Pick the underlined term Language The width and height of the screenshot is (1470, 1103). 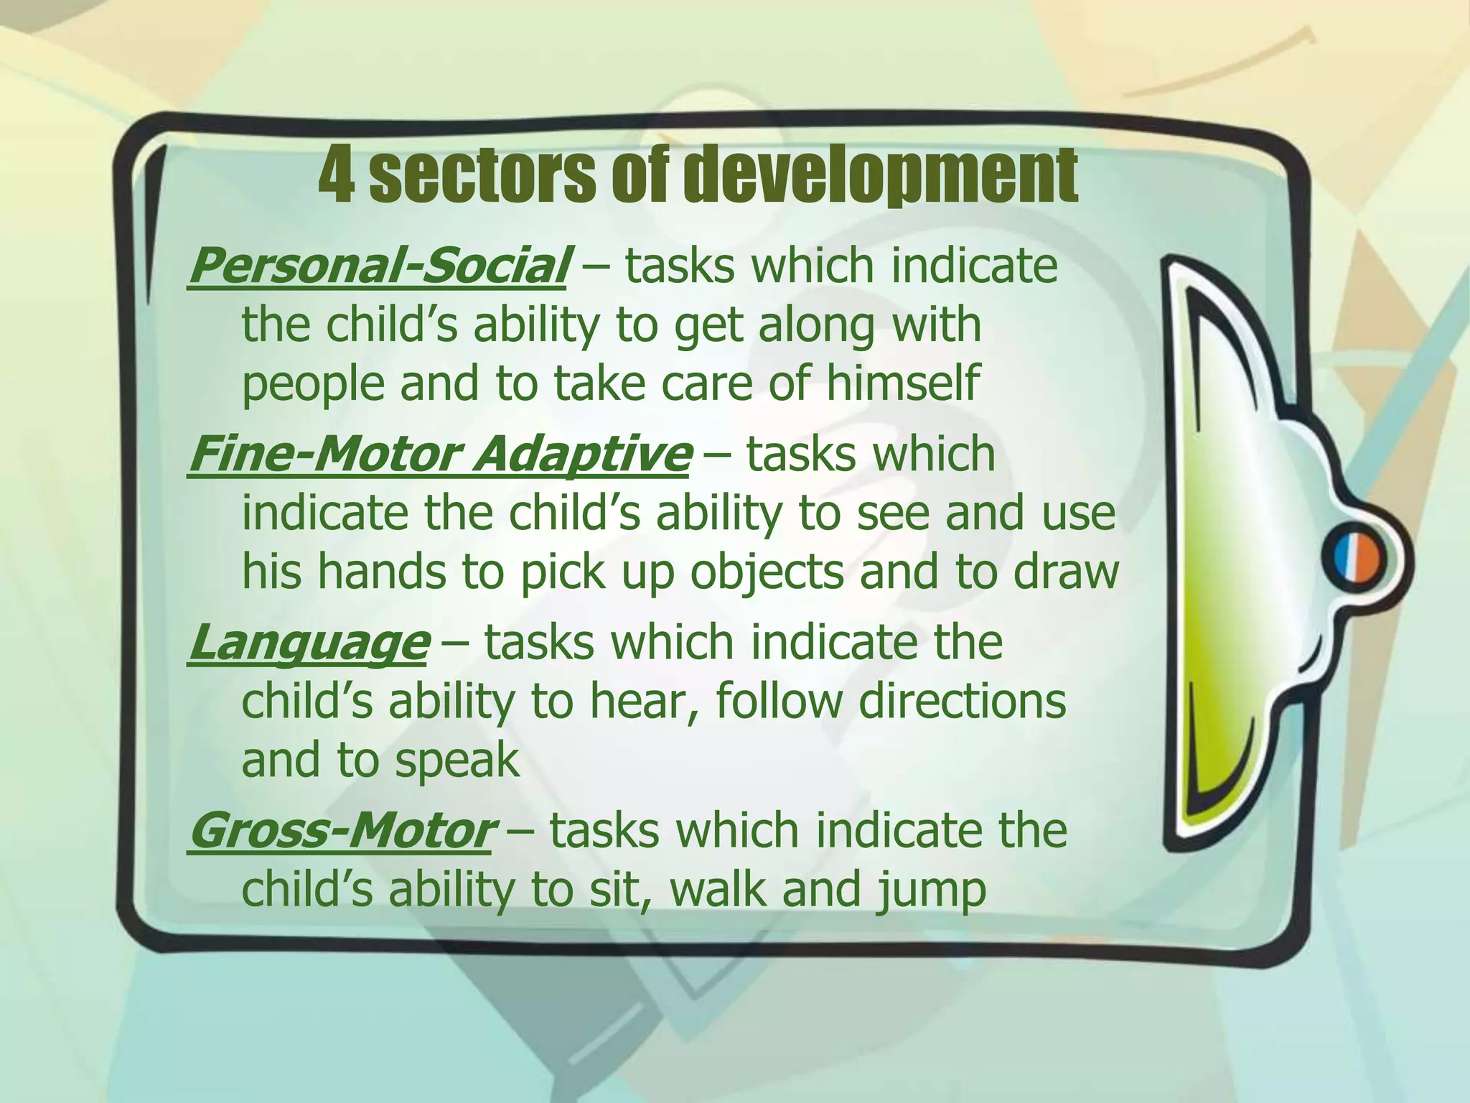(x=309, y=643)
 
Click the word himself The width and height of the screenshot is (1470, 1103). (x=902, y=383)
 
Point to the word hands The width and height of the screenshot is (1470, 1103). (x=380, y=572)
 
